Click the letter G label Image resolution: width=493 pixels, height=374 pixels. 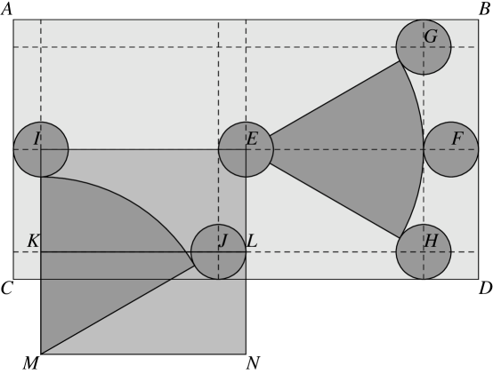coord(431,37)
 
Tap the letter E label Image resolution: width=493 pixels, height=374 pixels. coord(252,139)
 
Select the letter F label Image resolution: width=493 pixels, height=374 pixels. coord(457,139)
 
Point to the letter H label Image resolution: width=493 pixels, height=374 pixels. coord(431,242)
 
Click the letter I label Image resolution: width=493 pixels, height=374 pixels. coord(36,139)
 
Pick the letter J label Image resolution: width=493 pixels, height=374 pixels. coord(223,241)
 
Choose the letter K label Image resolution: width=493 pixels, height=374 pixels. coord(33,242)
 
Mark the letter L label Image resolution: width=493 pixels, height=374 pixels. coord(252,241)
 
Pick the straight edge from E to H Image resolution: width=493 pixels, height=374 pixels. coord(334,200)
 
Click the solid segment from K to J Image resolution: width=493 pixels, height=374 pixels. coord(116,252)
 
